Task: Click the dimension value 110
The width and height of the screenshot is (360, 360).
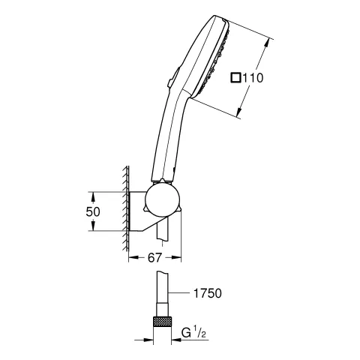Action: [253, 78]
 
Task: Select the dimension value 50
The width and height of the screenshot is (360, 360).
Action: [93, 212]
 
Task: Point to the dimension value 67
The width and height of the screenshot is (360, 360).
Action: [154, 258]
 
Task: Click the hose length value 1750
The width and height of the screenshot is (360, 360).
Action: [208, 293]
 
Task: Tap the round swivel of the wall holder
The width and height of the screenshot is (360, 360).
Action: [162, 200]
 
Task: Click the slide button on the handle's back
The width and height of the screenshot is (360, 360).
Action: [173, 77]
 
